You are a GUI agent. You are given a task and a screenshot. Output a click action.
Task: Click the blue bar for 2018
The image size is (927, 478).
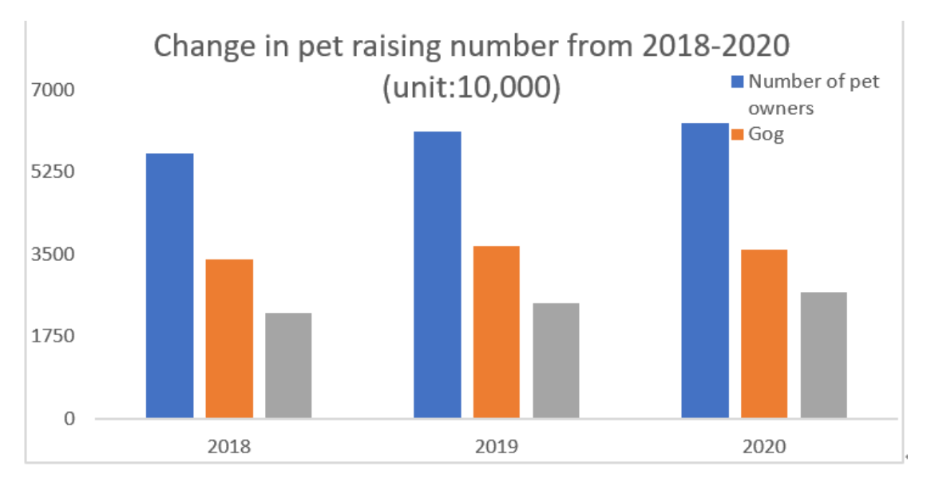(169, 285)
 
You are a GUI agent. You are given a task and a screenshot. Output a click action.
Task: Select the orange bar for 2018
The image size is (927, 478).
(229, 338)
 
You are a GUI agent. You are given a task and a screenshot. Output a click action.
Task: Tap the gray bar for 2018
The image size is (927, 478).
(288, 365)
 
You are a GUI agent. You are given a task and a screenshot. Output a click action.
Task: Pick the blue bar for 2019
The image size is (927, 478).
(437, 274)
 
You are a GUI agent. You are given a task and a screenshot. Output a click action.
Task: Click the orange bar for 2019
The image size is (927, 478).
(496, 331)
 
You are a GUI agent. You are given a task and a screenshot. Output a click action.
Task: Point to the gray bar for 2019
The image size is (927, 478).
(556, 360)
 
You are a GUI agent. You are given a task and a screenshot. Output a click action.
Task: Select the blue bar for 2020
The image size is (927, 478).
(704, 270)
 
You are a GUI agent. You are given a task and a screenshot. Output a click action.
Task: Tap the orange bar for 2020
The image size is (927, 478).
(764, 334)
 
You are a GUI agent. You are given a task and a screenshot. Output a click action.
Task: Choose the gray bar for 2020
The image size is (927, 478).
(823, 354)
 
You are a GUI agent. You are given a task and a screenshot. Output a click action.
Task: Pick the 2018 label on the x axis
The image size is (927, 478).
(228, 446)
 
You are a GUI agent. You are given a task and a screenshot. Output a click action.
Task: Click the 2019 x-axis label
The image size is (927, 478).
(496, 446)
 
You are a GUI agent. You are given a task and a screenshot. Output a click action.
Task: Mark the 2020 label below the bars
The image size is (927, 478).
(763, 446)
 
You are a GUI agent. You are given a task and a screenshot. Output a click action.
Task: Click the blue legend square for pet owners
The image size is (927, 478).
(738, 81)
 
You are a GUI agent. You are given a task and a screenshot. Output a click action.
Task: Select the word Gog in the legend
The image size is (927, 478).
(767, 134)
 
